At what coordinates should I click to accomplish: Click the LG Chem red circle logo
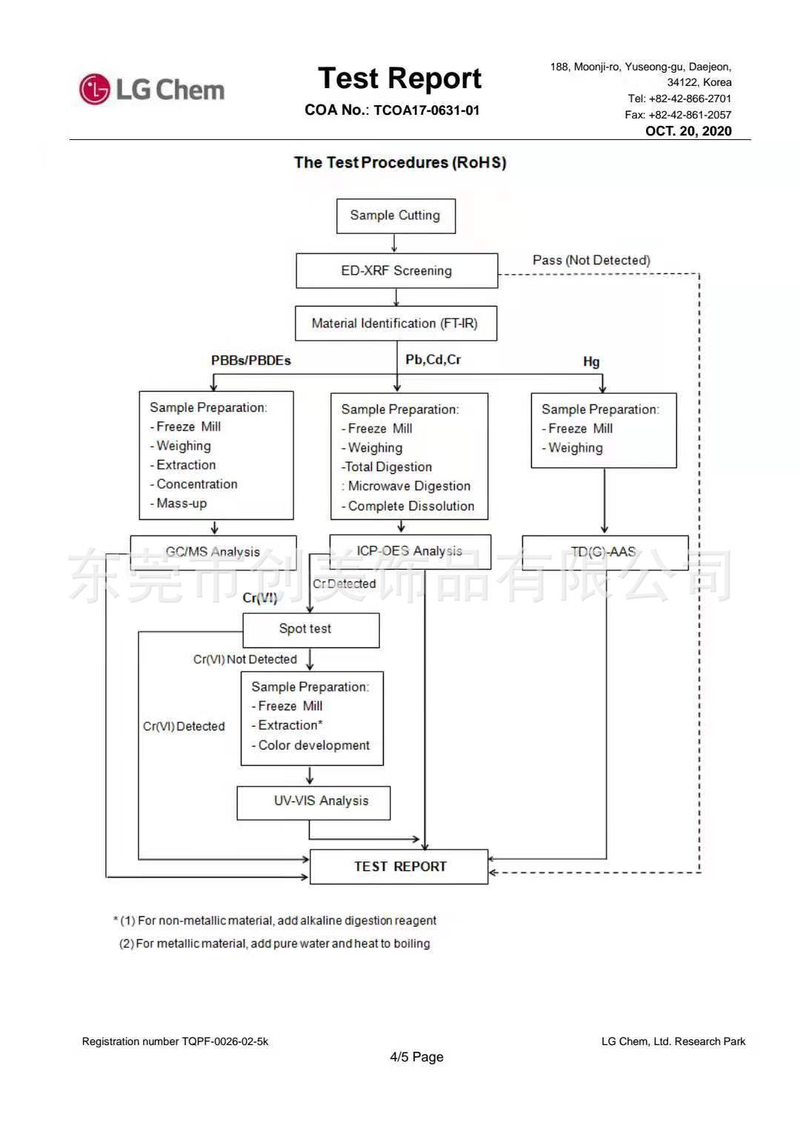(x=95, y=90)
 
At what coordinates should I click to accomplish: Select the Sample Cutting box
(x=396, y=216)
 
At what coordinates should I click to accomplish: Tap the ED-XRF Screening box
(x=396, y=270)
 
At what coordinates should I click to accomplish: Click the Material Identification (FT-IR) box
(x=396, y=324)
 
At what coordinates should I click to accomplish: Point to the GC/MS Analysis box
(x=213, y=552)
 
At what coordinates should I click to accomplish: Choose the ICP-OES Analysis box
(x=410, y=551)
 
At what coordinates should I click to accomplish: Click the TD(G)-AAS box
(x=604, y=552)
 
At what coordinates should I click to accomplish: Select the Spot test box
(x=310, y=630)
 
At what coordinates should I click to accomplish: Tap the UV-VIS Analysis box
(x=313, y=802)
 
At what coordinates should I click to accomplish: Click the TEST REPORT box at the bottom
(x=399, y=867)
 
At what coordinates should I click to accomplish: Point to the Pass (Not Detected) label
(x=591, y=260)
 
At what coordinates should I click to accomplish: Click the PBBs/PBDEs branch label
(x=250, y=361)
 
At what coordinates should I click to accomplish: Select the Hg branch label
(x=591, y=361)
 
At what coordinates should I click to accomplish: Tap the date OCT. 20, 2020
(x=688, y=131)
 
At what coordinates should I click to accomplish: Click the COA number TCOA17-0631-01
(x=426, y=110)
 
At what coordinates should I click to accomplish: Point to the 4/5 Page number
(x=416, y=1057)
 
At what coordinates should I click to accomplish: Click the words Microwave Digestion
(x=409, y=486)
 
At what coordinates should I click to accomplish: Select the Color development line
(x=313, y=745)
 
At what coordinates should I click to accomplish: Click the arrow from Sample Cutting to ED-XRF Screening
(x=394, y=243)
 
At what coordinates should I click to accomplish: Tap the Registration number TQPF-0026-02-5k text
(x=175, y=1041)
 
